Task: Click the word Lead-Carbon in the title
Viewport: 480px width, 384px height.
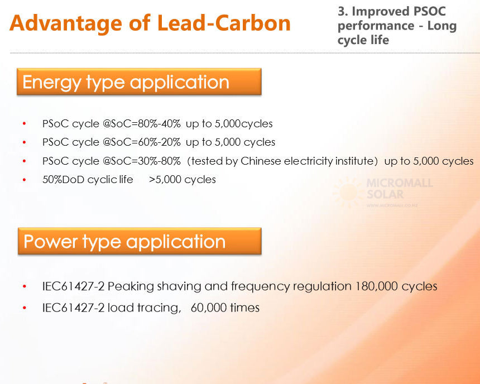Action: (224, 23)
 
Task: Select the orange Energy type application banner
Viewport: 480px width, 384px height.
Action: (139, 81)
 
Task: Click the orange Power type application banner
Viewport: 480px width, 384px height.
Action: (140, 241)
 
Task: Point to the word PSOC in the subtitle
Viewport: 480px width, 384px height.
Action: (429, 12)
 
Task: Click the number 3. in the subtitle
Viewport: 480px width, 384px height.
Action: (343, 12)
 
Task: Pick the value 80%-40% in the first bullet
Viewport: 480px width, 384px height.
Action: (159, 124)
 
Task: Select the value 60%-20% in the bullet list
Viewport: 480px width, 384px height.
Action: (159, 142)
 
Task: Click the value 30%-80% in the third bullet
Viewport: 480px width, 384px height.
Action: (159, 161)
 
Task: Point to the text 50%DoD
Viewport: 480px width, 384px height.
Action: (64, 180)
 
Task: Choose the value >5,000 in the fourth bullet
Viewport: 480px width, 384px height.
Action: (165, 180)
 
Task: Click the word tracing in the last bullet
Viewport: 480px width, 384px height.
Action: (159, 308)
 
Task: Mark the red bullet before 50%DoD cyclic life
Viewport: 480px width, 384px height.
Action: (24, 180)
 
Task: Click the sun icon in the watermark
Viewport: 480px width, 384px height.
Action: (348, 193)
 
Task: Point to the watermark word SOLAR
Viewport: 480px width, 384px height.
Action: (385, 194)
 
